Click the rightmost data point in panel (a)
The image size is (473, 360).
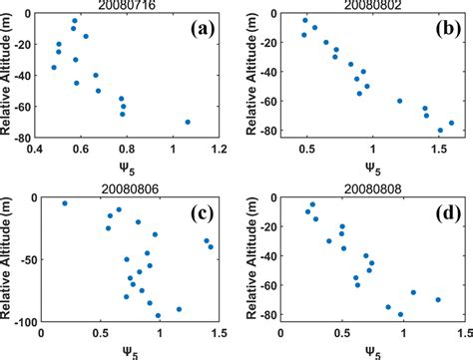pyautogui.click(x=188, y=123)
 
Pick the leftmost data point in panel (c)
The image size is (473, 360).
pyautogui.click(x=65, y=203)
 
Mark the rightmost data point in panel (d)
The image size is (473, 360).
pyautogui.click(x=437, y=299)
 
